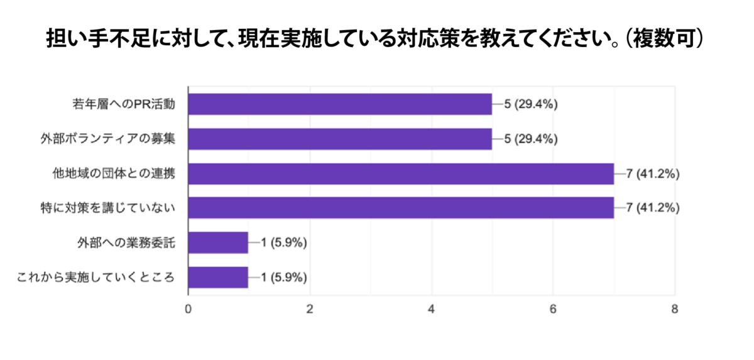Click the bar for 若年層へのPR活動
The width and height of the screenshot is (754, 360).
click(340, 104)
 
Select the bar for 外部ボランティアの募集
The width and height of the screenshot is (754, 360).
click(340, 139)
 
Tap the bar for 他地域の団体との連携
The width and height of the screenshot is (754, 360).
click(401, 173)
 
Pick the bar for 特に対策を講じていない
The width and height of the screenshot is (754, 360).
click(401, 208)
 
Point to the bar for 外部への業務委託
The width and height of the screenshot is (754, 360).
click(218, 243)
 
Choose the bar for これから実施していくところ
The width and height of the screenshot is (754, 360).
click(218, 277)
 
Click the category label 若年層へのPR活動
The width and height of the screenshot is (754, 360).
click(123, 105)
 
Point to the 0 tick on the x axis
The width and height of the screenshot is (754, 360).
click(188, 309)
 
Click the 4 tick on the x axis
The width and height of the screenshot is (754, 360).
click(432, 309)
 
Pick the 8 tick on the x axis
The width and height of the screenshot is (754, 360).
click(675, 309)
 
